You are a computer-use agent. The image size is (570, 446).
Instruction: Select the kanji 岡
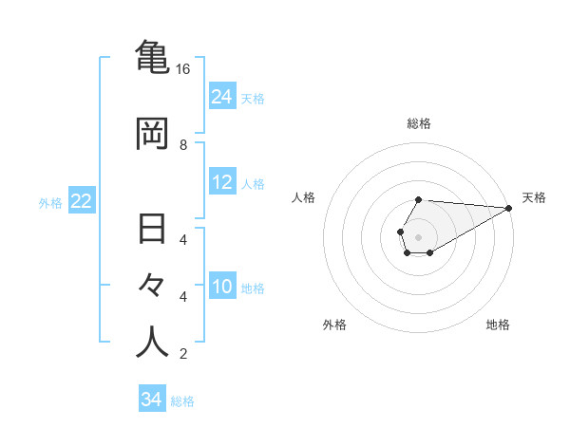coord(152,133)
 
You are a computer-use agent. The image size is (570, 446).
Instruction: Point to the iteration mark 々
coord(152,286)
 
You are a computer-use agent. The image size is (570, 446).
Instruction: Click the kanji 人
coord(152,343)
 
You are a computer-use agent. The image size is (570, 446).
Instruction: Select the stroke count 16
coord(183,69)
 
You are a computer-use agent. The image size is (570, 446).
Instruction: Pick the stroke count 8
coord(183,145)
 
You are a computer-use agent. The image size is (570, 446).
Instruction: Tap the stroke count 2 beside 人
coord(183,354)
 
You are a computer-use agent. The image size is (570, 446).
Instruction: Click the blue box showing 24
coord(222,96)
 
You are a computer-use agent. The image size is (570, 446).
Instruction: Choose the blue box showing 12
coord(222,182)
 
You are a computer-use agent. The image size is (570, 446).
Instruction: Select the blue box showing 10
coord(222,287)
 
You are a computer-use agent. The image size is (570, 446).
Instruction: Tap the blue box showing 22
coord(82,201)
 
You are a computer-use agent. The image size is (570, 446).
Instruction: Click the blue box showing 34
coord(152,400)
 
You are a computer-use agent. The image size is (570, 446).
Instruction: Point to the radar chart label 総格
coord(419,123)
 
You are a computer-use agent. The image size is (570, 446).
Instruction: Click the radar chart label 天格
coord(534,197)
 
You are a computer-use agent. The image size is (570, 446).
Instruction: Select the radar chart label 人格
coord(304,197)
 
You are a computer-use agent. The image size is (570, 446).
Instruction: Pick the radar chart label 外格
coord(334,325)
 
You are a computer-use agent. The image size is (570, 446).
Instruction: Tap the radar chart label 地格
coord(498,325)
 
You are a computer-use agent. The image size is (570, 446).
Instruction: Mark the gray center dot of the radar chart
coord(418,235)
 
